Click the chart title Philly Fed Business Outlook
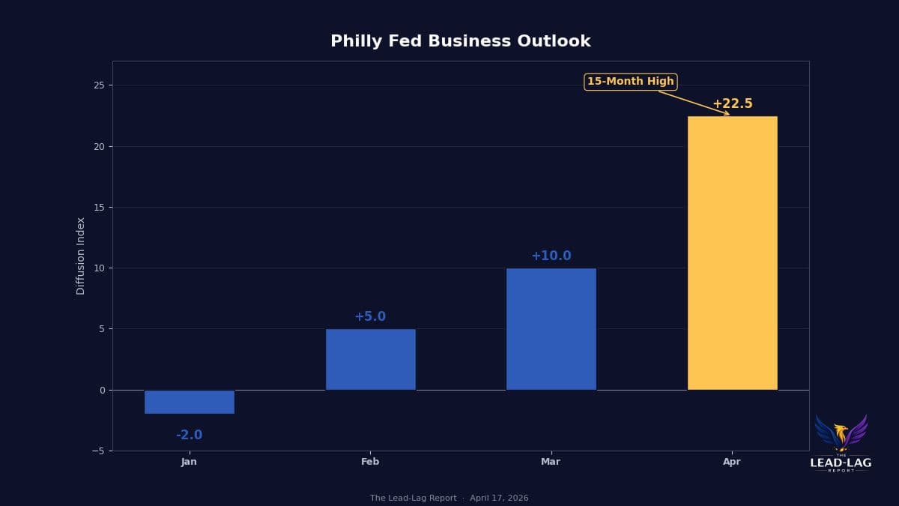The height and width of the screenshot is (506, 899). (460, 42)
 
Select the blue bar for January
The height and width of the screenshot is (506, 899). (190, 402)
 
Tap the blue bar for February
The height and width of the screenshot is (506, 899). (370, 360)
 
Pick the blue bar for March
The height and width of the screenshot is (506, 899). (551, 330)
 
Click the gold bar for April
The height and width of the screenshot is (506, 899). (732, 255)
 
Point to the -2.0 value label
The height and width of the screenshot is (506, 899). (190, 436)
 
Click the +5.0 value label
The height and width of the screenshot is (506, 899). (370, 317)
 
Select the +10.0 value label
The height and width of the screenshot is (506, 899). (551, 256)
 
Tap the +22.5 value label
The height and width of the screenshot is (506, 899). (732, 104)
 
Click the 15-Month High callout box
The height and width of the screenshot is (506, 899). (630, 82)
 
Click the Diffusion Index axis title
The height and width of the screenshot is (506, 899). (81, 256)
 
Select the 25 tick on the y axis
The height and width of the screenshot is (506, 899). (99, 85)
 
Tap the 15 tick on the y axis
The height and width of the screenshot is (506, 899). (99, 208)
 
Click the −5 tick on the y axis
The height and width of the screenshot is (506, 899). (97, 451)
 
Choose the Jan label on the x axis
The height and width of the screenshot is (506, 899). (190, 462)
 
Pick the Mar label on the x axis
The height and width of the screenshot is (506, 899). (551, 462)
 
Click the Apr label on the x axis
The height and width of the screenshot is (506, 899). (732, 462)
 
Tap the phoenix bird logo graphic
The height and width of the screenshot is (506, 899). (841, 433)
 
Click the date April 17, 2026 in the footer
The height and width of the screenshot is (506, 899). (499, 499)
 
